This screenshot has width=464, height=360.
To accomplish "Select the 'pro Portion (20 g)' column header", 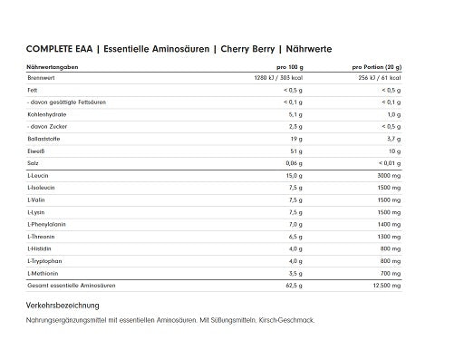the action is pyautogui.click(x=377, y=68).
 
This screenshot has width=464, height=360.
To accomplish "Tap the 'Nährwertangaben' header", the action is pyautogui.click(x=51, y=68).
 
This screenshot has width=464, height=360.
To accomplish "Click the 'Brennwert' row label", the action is pyautogui.click(x=40, y=79).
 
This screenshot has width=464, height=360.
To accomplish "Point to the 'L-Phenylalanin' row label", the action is pyautogui.click(x=47, y=222).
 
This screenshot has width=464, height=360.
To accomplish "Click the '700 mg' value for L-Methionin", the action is pyautogui.click(x=391, y=272).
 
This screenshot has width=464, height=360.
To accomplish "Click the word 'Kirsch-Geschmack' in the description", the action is pyautogui.click(x=292, y=319).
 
